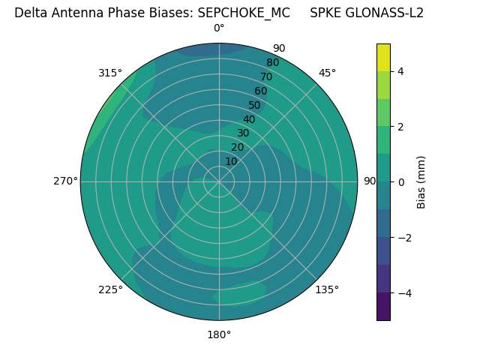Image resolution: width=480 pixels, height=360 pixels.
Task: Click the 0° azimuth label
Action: click(x=219, y=28)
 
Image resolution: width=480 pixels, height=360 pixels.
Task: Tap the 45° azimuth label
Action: click(x=328, y=73)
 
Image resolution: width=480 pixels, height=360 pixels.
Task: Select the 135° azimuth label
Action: click(x=327, y=289)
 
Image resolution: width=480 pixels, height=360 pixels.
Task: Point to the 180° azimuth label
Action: click(x=219, y=334)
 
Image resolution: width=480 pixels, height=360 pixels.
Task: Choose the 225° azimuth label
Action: click(x=110, y=290)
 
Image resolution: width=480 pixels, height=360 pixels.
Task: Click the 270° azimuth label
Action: click(x=65, y=181)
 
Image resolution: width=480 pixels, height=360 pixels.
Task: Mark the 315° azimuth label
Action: click(x=110, y=73)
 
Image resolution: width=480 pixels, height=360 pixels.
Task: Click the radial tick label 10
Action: click(x=231, y=161)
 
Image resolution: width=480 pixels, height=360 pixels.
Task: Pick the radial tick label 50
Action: click(x=254, y=105)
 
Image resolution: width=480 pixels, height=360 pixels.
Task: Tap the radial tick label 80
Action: click(x=272, y=62)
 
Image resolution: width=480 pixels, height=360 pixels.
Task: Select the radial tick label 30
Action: click(x=242, y=133)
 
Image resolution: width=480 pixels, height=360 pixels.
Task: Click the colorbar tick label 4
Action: click(x=400, y=71)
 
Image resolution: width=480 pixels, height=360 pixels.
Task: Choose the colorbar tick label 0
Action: click(x=400, y=182)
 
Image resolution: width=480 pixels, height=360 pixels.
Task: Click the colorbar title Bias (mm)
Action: click(x=421, y=182)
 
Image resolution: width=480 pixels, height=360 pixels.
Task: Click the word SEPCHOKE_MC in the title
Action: click(x=244, y=13)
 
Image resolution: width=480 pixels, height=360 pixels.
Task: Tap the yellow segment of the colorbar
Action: click(x=383, y=57)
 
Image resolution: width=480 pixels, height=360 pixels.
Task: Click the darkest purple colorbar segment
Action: click(x=383, y=306)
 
